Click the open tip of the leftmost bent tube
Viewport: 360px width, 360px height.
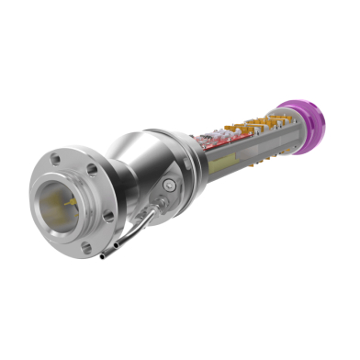click(x=104, y=258)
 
